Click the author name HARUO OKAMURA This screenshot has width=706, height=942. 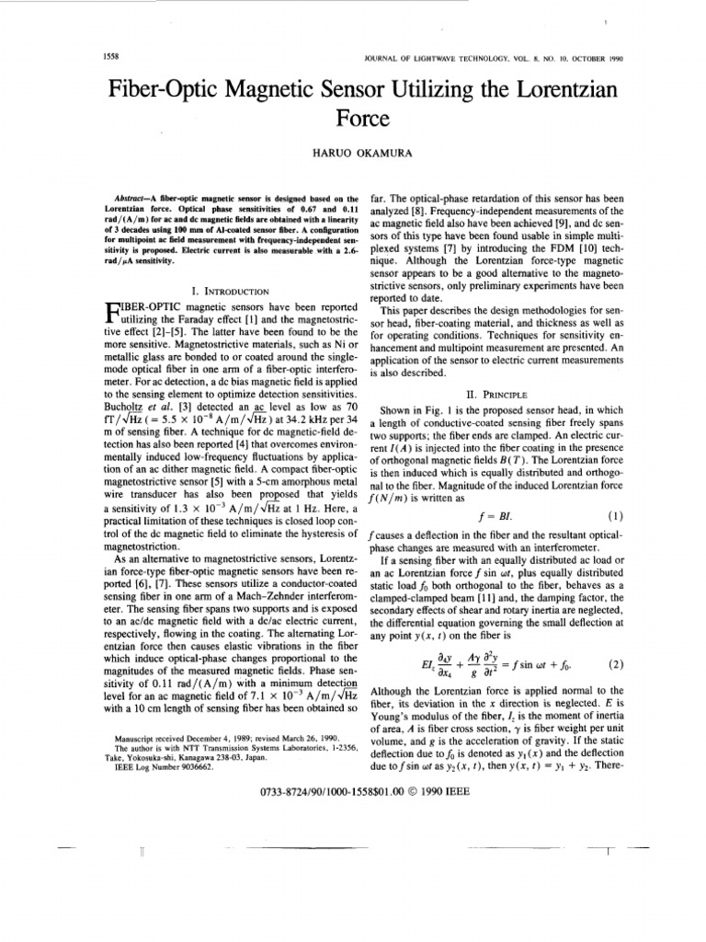click(352, 153)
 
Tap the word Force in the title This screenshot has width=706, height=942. click(352, 119)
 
